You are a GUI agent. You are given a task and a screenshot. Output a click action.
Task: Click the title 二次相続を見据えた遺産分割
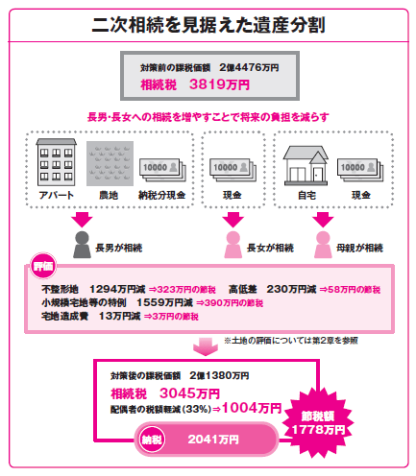(x=208, y=25)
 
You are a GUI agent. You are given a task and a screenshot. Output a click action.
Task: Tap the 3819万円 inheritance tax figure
(x=219, y=84)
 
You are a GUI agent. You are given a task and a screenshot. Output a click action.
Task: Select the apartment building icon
(x=56, y=162)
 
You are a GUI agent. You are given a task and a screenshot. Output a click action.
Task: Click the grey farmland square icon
(x=110, y=163)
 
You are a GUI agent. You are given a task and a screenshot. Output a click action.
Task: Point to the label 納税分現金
(x=161, y=195)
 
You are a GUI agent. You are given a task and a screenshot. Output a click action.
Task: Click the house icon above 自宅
(x=306, y=166)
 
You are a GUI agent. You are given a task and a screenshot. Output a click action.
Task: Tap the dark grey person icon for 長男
(x=82, y=245)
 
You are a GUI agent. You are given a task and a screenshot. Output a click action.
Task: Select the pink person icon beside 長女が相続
(x=232, y=245)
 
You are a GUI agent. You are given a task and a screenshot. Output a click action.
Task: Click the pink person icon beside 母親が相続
(x=323, y=245)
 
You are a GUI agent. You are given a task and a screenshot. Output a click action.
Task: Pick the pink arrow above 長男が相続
(x=82, y=220)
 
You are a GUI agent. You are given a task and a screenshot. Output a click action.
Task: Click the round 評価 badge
(x=43, y=266)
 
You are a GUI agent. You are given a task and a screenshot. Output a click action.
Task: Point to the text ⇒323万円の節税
(x=183, y=290)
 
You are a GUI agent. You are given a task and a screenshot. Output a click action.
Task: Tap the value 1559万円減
(x=164, y=302)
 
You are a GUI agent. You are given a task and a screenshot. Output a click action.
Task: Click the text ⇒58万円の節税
(x=350, y=290)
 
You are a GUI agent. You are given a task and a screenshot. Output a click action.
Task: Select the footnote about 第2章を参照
(x=291, y=341)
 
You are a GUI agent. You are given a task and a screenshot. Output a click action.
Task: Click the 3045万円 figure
(x=189, y=393)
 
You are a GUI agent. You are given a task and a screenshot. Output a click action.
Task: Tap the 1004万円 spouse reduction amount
(x=252, y=408)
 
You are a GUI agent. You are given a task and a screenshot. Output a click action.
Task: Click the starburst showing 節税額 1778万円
(x=318, y=423)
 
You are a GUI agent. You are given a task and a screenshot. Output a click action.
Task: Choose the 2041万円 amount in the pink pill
(x=213, y=440)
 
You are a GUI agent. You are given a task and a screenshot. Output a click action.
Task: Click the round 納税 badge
(x=152, y=440)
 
